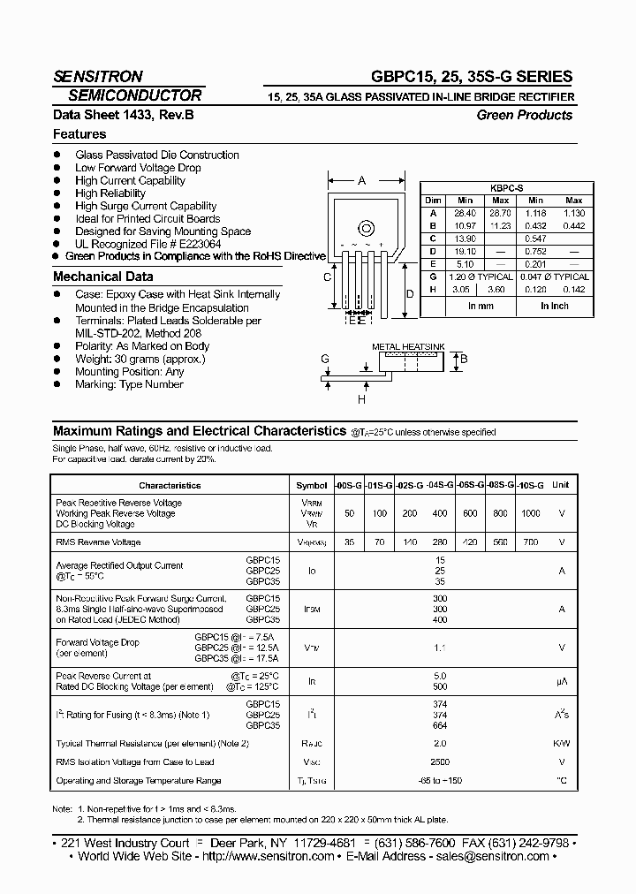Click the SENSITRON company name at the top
[x=97, y=77]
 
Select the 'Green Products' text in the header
[x=524, y=115]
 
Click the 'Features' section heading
[x=79, y=134]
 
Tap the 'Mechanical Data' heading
[x=102, y=277]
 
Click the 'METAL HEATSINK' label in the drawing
[x=407, y=347]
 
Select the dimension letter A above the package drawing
[x=361, y=181]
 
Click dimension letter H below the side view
[x=361, y=399]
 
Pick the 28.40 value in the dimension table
[x=465, y=213]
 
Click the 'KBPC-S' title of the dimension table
[x=506, y=188]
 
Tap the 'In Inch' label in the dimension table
[x=554, y=306]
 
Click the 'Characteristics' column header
[x=170, y=485]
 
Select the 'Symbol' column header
[x=311, y=485]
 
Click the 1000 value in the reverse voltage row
[x=530, y=513]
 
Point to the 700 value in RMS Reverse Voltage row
[x=530, y=542]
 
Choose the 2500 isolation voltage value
[x=440, y=761]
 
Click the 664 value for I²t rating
[x=440, y=725]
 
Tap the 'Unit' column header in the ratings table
[x=561, y=485]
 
